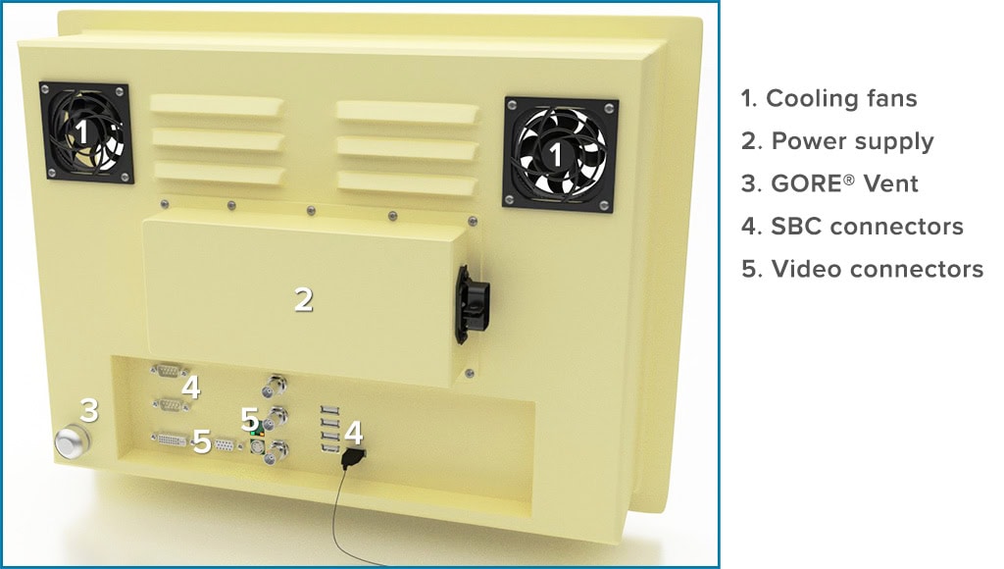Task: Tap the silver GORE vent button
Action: point(70,443)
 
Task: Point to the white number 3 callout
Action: point(89,410)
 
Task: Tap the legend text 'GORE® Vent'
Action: point(829,183)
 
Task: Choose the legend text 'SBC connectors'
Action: point(852,227)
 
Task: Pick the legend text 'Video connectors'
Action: point(862,269)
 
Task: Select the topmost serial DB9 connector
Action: point(169,371)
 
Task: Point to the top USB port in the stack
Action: point(328,411)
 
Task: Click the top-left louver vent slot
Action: point(216,105)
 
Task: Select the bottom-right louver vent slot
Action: point(407,181)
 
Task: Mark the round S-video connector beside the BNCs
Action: point(255,445)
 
